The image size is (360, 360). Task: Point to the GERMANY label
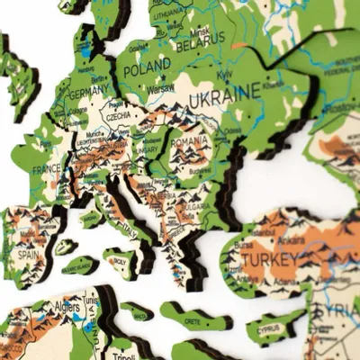(x=86, y=93)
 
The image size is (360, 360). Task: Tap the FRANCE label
(x=47, y=169)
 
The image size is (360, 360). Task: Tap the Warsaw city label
(x=159, y=89)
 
